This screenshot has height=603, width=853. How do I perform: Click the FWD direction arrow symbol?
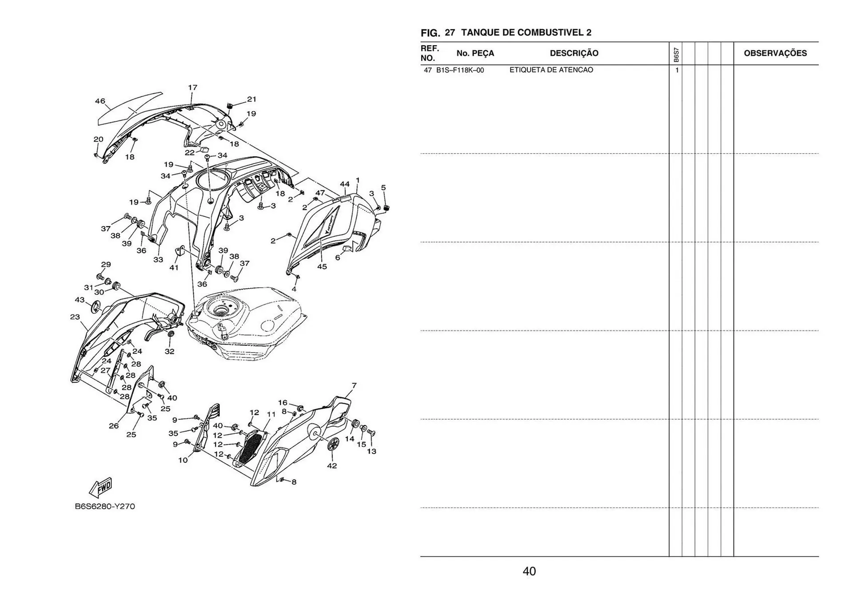(101, 487)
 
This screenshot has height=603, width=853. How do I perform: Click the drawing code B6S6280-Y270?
(105, 506)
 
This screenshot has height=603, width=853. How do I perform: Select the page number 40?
(529, 571)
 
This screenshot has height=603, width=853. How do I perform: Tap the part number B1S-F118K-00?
(460, 70)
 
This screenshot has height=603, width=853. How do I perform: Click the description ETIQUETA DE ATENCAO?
(551, 70)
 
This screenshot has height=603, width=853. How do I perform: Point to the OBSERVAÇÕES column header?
(775, 53)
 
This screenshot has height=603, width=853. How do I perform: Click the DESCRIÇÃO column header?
(574, 53)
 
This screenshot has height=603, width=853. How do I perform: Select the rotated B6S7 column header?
(676, 55)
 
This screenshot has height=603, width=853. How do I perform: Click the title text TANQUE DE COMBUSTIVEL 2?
(526, 32)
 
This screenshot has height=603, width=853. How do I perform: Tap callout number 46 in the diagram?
(100, 101)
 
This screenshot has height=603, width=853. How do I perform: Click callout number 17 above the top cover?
(192, 88)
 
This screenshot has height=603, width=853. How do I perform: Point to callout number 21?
(251, 99)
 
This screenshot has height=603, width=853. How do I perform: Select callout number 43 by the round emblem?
(80, 300)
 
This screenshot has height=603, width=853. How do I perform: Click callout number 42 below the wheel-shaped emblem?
(332, 466)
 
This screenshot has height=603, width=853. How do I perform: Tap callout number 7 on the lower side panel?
(354, 386)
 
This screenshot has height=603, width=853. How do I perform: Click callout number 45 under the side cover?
(322, 267)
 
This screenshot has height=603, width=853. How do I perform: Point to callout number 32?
(170, 351)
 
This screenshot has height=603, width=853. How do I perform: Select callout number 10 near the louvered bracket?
(183, 460)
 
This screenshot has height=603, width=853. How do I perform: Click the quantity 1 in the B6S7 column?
(677, 70)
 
